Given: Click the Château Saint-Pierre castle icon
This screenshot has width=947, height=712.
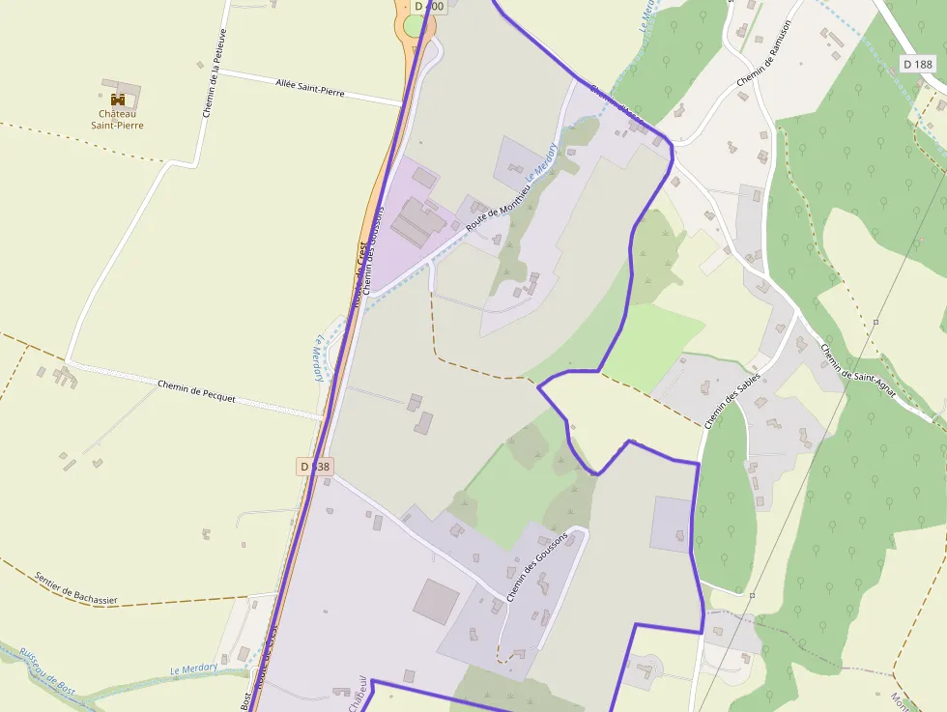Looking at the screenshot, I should [119, 99].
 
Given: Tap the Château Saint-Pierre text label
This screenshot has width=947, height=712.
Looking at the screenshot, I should [117, 119].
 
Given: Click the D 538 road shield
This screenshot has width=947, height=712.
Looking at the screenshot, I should [315, 467].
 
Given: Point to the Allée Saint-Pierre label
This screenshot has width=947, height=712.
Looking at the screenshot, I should [309, 90].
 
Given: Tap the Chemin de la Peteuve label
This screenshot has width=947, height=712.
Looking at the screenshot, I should [214, 72].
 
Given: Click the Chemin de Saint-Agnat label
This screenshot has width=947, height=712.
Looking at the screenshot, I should [858, 370].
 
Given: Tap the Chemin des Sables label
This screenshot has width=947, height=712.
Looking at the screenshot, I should [732, 400].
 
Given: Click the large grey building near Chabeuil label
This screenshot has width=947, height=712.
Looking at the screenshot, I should [437, 601].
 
